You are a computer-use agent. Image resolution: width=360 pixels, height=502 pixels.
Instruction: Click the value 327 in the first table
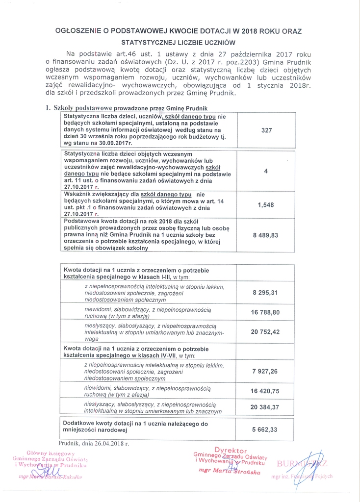point(266,130)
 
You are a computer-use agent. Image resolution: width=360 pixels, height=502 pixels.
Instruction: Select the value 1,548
point(266,205)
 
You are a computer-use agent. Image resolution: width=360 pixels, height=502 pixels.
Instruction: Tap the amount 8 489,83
point(265,235)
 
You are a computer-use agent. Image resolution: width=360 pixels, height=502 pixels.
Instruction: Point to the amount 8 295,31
point(265,293)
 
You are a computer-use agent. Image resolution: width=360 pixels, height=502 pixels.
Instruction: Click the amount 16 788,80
point(265,312)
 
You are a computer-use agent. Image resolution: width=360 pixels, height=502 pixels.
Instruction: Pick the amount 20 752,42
point(265,332)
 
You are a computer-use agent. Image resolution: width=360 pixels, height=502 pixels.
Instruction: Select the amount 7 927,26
point(265,372)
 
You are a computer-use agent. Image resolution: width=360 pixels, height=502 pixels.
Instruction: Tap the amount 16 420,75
point(265,391)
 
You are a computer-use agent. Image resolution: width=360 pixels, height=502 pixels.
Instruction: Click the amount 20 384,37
point(265,407)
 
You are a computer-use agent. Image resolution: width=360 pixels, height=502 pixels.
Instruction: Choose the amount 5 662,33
point(265,429)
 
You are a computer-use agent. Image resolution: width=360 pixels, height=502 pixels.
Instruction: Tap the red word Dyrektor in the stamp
point(231,450)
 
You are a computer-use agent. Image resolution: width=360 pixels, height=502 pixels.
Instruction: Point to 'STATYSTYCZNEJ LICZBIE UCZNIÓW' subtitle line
point(179,43)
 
